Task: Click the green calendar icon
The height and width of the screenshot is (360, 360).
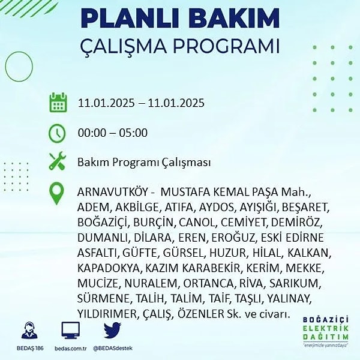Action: pos(58,103)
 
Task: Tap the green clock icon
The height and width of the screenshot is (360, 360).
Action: pos(58,133)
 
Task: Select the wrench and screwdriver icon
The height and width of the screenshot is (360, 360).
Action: pos(58,161)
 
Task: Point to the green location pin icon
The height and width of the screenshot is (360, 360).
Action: pos(56,193)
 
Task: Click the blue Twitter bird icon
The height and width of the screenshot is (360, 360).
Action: pos(112,330)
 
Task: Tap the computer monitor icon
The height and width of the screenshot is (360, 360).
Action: pos(70,330)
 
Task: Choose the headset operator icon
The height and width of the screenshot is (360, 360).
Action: pos(29,330)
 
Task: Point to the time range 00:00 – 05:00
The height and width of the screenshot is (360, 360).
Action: pos(113,133)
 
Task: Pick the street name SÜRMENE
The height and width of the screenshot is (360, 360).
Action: pos(104,298)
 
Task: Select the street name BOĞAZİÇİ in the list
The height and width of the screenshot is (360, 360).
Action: pos(103,223)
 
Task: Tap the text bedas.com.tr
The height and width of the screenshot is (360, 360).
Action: pos(70,348)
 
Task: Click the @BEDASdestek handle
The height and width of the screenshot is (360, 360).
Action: pos(113,348)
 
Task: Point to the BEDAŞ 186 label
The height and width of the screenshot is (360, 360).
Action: pos(30,348)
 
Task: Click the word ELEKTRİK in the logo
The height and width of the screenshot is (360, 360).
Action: pos(326,328)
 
